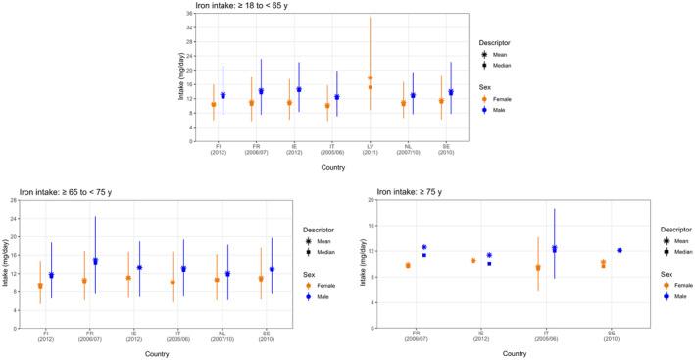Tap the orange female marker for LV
(x=370, y=77)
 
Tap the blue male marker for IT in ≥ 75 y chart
(x=554, y=249)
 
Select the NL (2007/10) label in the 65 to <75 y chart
(x=218, y=334)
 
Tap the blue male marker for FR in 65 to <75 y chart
(x=95, y=262)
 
